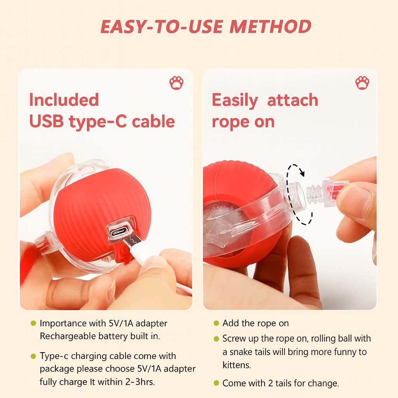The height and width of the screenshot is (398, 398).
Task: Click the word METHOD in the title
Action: [x=271, y=27]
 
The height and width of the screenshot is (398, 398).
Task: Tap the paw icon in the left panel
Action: [x=176, y=83]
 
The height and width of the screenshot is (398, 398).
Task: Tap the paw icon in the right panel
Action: [x=362, y=83]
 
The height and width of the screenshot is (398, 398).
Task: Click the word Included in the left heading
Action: [x=64, y=100]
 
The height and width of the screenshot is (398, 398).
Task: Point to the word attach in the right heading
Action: [x=293, y=100]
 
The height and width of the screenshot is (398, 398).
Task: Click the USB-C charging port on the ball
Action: [x=119, y=232]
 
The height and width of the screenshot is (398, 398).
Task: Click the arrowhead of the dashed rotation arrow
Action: [x=301, y=173]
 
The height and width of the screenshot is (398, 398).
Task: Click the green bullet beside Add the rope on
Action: [x=216, y=323]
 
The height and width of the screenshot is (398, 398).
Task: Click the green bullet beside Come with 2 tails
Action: [x=216, y=383]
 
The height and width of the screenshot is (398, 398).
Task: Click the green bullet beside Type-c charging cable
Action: [x=33, y=356]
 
